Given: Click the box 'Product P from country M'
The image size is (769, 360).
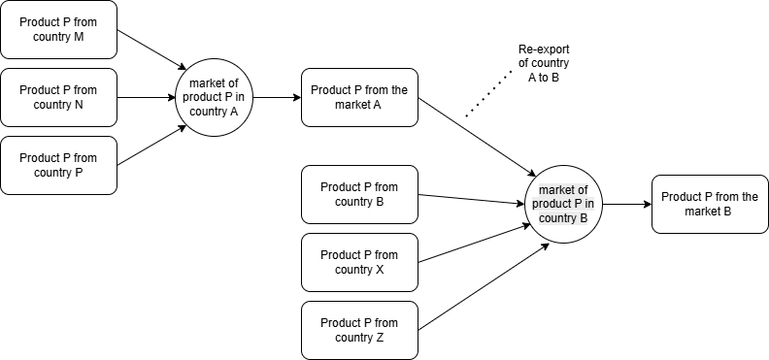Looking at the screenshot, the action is [x=58, y=29].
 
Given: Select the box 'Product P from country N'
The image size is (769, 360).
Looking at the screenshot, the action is [x=58, y=97].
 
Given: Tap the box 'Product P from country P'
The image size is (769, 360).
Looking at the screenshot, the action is [x=58, y=165].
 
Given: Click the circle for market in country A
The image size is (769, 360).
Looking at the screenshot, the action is [x=214, y=97].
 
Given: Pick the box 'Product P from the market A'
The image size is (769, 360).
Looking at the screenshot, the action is [x=359, y=97].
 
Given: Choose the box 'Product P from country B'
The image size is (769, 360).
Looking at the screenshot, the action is [x=359, y=194].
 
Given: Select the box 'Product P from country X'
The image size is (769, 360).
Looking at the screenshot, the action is [x=359, y=262].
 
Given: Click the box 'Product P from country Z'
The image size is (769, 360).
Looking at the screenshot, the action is [x=359, y=330].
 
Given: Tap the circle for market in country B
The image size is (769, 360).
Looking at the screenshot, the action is [x=563, y=204].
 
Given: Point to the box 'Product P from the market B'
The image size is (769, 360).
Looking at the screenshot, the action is [x=710, y=204].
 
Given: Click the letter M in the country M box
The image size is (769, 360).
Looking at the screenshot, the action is [x=78, y=37].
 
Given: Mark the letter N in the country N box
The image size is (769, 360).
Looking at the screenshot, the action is [x=79, y=105].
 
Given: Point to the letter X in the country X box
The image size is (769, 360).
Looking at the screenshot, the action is [x=380, y=270].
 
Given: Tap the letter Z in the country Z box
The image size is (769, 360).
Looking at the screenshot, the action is [x=380, y=338].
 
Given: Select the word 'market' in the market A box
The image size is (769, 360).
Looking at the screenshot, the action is [x=353, y=105].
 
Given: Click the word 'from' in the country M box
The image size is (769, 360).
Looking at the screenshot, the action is [x=84, y=22].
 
